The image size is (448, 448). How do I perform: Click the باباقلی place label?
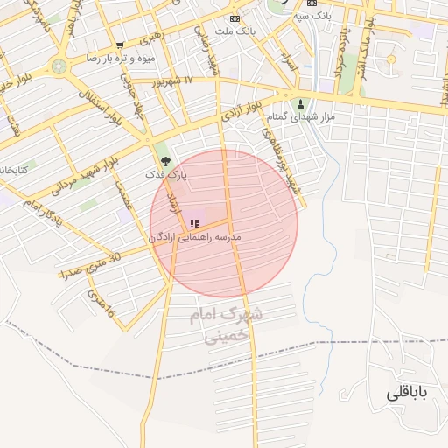coord(407,395)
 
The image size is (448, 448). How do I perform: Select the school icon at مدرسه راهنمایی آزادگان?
coord(194,223)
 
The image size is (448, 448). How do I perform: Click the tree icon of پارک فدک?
coord(166,160)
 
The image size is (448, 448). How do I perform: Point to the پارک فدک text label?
coord(166,175)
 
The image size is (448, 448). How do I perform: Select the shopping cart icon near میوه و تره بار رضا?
coord(120,45)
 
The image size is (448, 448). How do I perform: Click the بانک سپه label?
coord(312,16)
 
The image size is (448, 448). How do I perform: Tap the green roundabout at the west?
coord(59,65)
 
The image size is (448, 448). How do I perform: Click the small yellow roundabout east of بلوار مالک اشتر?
coord(391,59)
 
